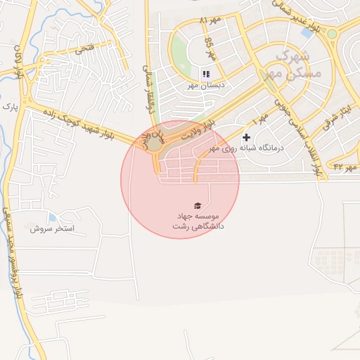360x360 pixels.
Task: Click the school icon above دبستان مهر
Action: click(206, 74)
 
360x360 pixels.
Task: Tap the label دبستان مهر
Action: click(204, 85)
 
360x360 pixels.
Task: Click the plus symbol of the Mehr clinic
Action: click(246, 137)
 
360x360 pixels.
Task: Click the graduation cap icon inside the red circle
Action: click(198, 205)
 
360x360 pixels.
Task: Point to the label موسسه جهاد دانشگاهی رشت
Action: click(195, 221)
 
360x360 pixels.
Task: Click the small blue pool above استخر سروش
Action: click(52, 217)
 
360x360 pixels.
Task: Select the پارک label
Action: click(8, 107)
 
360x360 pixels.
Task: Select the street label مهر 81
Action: click(210, 20)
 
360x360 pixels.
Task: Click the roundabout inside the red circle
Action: click(155, 144)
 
